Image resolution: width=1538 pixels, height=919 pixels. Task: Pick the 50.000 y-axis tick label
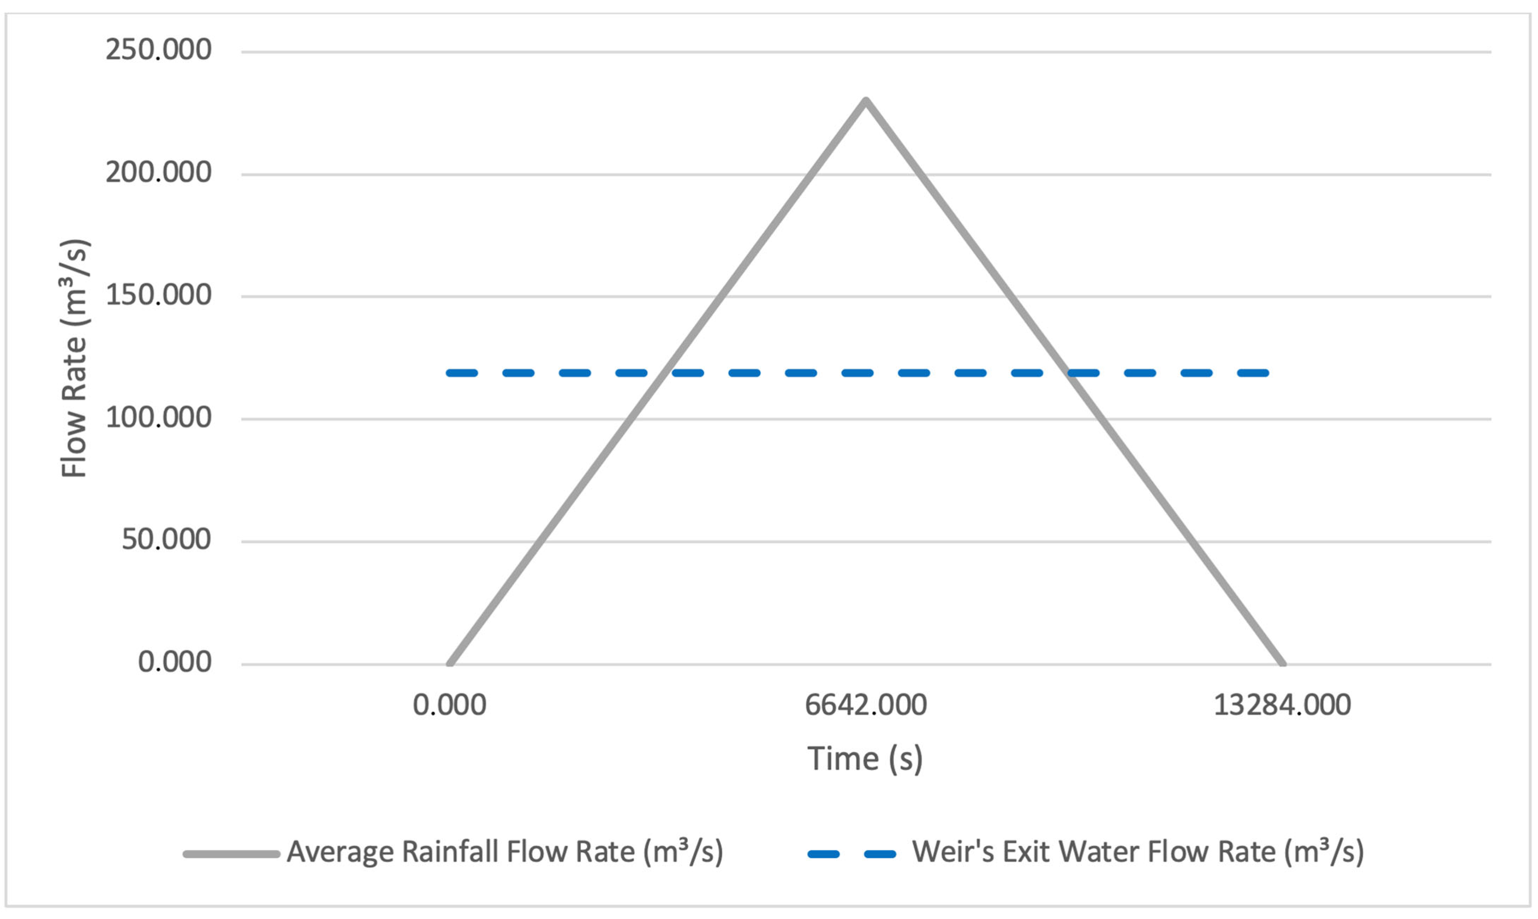click(166, 539)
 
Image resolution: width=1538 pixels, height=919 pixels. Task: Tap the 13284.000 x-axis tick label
click(1281, 705)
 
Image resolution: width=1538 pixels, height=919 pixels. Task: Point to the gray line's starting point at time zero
click(450, 663)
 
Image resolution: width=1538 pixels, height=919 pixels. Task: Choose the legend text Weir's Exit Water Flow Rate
click(1137, 852)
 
